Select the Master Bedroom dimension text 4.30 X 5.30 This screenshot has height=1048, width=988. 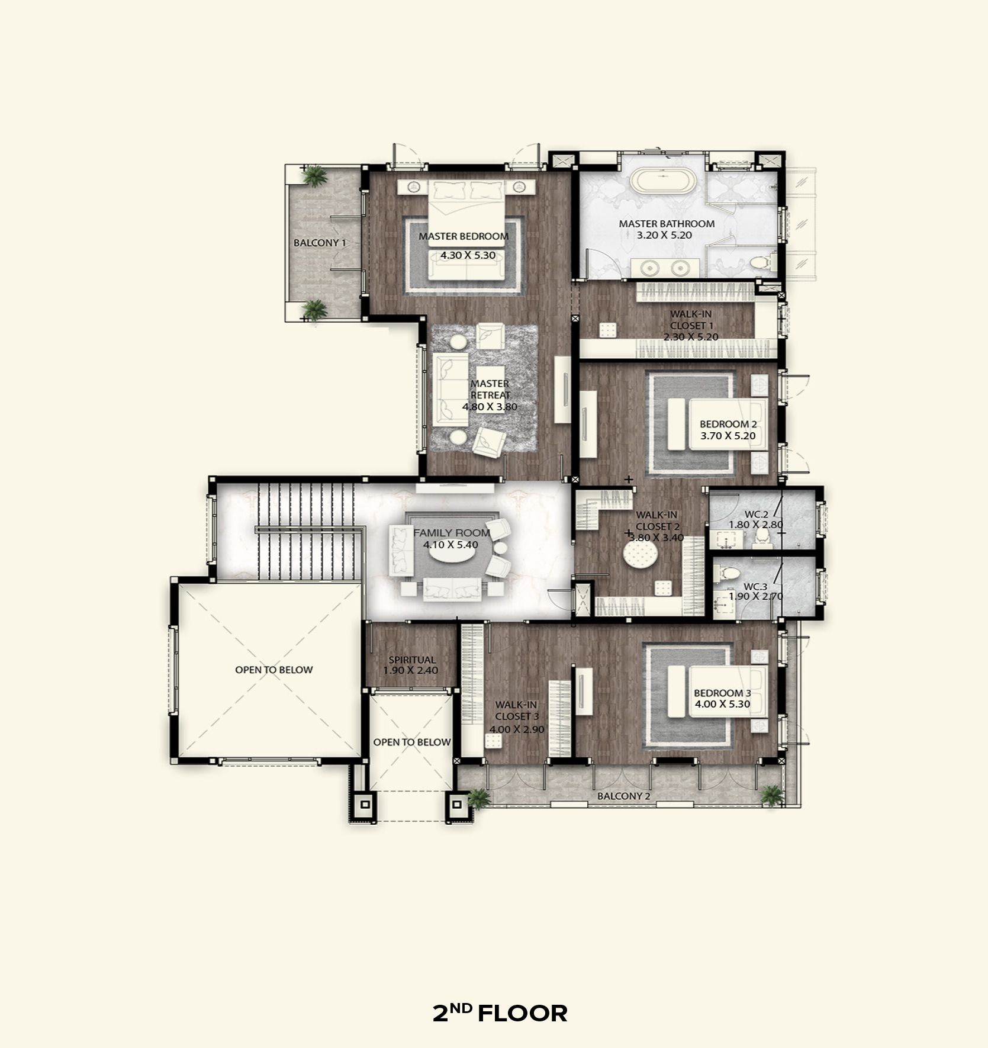coord(468,255)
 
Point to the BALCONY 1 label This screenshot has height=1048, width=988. coord(320,243)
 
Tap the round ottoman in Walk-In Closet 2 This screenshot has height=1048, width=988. coord(641,556)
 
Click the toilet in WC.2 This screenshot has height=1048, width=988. coord(762,536)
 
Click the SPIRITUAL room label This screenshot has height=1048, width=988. coord(412,660)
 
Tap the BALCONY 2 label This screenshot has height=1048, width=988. coord(623,796)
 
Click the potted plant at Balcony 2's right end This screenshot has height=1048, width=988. coord(771,795)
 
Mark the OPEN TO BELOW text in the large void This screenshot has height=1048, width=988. coord(273,670)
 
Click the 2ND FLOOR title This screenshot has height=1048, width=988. coord(500,1013)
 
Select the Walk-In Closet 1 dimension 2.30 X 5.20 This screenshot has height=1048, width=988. coord(691,337)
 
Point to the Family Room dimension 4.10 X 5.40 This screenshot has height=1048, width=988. coord(450,545)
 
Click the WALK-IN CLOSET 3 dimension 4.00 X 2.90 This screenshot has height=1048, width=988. coord(517,729)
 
